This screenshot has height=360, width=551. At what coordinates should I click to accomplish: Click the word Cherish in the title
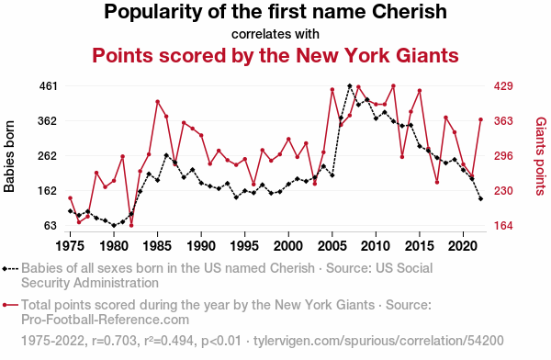410,11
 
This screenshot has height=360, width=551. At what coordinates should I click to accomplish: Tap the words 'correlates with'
275,34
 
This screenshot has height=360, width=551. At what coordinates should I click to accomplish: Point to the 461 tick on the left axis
48,85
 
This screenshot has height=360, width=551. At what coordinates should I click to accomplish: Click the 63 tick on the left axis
51,225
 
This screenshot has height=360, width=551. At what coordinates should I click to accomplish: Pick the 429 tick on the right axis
503,85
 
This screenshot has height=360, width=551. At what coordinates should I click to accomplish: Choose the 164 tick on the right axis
503,225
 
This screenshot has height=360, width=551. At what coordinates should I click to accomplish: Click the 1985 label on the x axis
157,246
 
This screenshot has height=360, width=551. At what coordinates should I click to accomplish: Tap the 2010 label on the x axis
376,246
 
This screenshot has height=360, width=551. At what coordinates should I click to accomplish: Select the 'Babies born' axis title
9,156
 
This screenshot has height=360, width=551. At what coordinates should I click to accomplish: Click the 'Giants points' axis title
541,156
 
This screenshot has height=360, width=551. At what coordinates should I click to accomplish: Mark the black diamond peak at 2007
350,85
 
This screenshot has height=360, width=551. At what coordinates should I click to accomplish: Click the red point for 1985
157,102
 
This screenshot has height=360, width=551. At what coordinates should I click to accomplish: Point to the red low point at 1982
131,225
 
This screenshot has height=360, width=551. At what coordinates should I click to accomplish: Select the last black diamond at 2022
480,199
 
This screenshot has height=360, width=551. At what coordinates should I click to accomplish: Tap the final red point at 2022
480,120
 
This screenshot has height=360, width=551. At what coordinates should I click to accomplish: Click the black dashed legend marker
10,269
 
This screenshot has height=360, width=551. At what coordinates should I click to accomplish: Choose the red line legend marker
10,305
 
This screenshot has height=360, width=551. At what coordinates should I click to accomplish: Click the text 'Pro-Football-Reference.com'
105,320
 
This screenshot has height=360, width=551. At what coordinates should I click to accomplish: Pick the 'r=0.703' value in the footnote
114,341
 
